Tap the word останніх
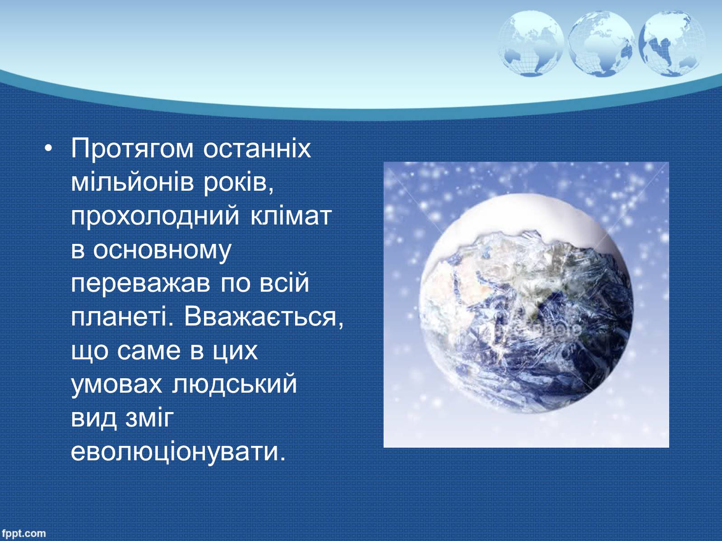click(257, 148)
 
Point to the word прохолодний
click(155, 217)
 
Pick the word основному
click(162, 251)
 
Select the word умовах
click(116, 385)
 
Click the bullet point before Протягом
click(48, 148)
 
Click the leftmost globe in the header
click(531, 43)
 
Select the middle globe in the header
click(601, 43)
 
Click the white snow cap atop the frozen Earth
click(526, 217)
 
